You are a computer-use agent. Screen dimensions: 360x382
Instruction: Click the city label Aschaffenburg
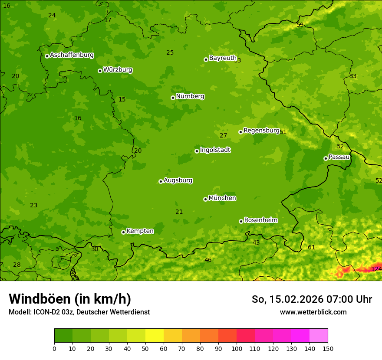click(x=72, y=55)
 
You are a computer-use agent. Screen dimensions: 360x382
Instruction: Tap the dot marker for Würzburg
click(x=100, y=71)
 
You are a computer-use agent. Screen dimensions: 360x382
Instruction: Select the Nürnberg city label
click(x=190, y=96)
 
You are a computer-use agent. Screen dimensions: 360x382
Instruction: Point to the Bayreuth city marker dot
click(x=206, y=59)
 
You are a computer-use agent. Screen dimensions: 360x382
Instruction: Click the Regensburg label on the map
click(x=261, y=131)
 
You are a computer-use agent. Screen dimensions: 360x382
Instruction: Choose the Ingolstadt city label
click(x=215, y=150)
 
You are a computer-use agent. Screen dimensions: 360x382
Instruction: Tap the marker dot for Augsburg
click(x=161, y=181)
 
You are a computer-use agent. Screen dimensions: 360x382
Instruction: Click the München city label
click(x=222, y=198)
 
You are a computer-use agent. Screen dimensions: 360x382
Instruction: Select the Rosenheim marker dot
click(x=241, y=221)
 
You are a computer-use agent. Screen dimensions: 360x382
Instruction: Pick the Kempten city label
click(x=140, y=231)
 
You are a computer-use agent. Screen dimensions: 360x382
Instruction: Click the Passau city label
click(x=339, y=157)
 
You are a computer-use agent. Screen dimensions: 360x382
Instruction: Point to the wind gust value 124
click(x=376, y=269)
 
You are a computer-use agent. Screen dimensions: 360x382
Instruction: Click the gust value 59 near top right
click(x=300, y=25)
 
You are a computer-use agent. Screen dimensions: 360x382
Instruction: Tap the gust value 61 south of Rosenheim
click(x=311, y=248)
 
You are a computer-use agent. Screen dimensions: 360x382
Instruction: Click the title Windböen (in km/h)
click(x=70, y=299)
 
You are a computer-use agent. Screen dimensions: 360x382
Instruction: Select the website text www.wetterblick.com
click(x=313, y=312)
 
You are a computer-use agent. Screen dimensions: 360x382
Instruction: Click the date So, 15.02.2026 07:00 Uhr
click(x=312, y=299)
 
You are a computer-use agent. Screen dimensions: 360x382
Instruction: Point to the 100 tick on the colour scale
click(x=237, y=348)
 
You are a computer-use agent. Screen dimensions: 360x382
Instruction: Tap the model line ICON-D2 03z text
click(x=79, y=312)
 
